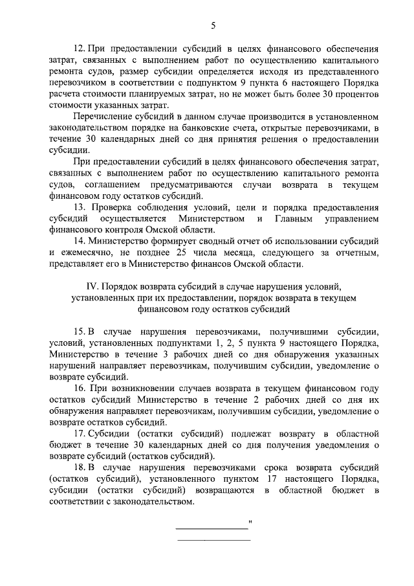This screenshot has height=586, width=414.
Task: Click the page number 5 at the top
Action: click(213, 25)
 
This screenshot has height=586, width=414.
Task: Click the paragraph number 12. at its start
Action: click(82, 49)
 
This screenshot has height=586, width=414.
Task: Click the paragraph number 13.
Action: click(82, 207)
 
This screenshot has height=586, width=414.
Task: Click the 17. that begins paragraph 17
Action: click(82, 433)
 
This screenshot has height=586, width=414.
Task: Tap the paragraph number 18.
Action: click(82, 468)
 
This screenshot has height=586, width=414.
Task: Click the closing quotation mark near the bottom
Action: click(250, 521)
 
